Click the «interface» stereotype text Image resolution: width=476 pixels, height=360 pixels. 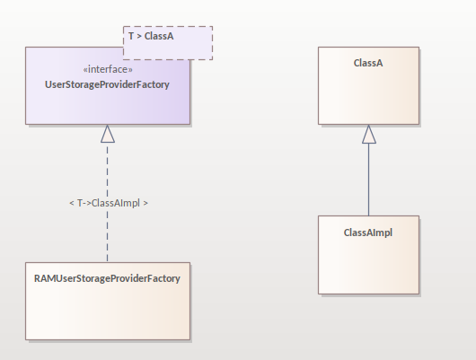pyautogui.click(x=108, y=69)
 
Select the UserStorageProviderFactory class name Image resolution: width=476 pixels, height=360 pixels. pyautogui.click(x=107, y=84)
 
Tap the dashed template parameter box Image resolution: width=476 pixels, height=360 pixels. pyautogui.click(x=168, y=43)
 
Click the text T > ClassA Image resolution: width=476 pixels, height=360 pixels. pyautogui.click(x=151, y=36)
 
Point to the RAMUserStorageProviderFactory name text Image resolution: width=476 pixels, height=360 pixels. pyautogui.click(x=107, y=278)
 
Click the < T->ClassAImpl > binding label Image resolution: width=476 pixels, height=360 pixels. pyautogui.click(x=109, y=203)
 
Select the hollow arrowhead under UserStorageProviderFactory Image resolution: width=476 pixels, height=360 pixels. pyautogui.click(x=108, y=134)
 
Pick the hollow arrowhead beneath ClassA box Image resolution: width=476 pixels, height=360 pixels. pyautogui.click(x=369, y=134)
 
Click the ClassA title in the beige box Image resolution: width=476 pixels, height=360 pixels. pyautogui.click(x=368, y=63)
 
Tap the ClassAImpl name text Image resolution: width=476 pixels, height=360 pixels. pyautogui.click(x=368, y=233)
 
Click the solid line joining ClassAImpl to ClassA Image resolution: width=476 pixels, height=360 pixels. pyautogui.click(x=369, y=180)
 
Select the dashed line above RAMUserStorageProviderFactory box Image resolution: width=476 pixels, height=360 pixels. pyautogui.click(x=107, y=203)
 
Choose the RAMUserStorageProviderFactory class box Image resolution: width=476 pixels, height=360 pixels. pyautogui.click(x=108, y=301)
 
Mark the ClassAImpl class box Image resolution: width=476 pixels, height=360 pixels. pyautogui.click(x=368, y=255)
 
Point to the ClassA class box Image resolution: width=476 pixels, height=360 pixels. pyautogui.click(x=368, y=85)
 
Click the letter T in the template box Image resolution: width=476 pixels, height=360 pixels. pyautogui.click(x=131, y=36)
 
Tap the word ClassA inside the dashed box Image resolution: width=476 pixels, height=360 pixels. pyautogui.click(x=159, y=36)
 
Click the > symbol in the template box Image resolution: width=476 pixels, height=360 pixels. pyautogui.click(x=139, y=37)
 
